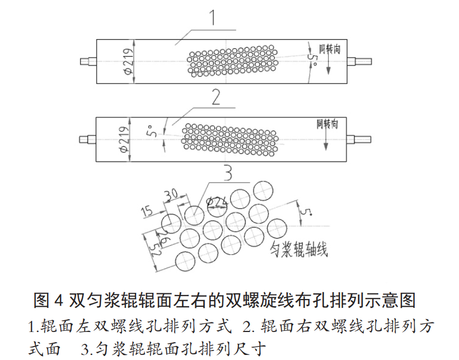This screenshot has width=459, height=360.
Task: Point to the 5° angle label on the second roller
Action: tap(150, 133)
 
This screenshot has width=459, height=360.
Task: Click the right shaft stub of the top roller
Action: tap(363, 61)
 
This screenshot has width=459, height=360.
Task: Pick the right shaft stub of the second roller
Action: tap(362, 139)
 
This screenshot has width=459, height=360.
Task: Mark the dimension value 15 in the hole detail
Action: tap(147, 211)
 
